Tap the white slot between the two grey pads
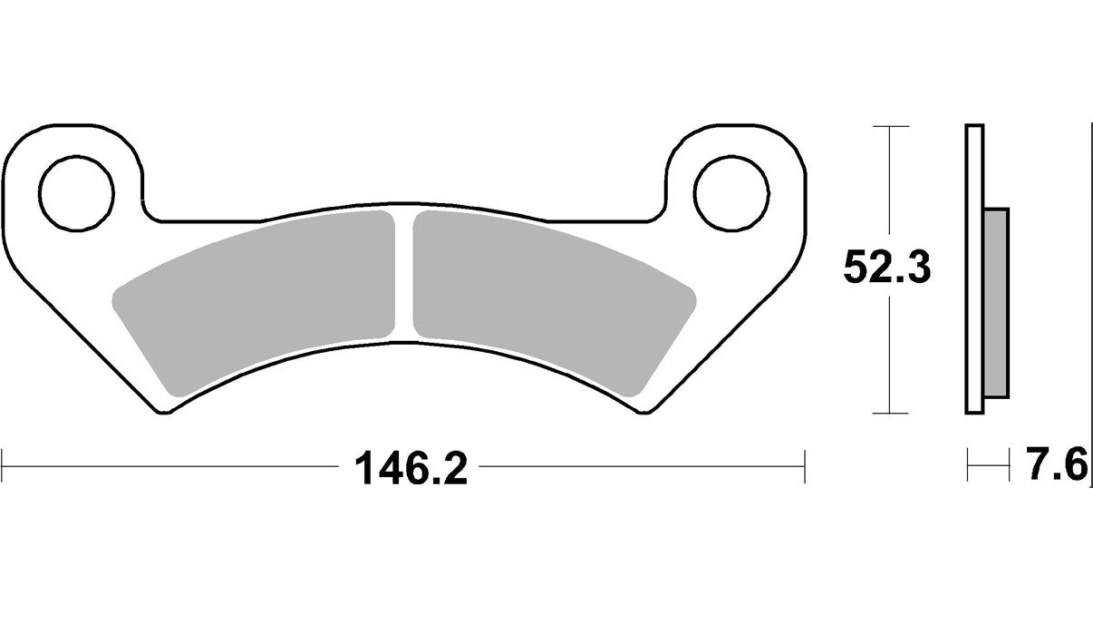(405, 272)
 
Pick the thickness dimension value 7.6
(1057, 468)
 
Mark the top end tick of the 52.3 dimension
(891, 125)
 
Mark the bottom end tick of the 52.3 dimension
(891, 413)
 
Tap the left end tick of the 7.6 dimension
(968, 468)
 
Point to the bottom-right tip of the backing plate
(646, 414)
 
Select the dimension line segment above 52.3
(891, 181)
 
